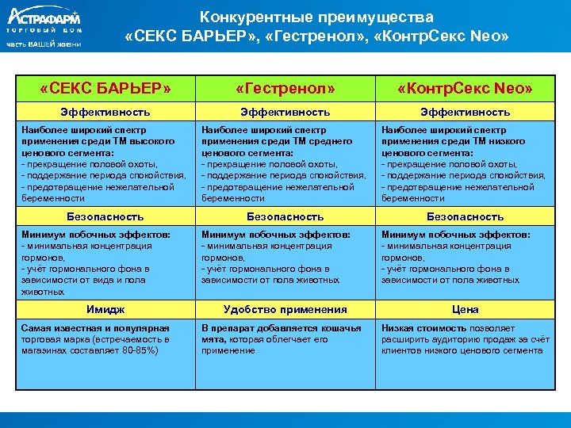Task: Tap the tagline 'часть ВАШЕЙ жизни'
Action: (x=43, y=44)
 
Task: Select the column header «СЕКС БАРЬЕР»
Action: (x=105, y=88)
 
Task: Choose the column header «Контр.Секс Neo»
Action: (x=465, y=88)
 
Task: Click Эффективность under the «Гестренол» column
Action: (x=285, y=113)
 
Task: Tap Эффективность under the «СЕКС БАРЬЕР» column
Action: (x=105, y=113)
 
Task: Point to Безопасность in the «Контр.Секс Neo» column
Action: (x=465, y=216)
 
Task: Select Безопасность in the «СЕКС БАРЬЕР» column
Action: (x=105, y=216)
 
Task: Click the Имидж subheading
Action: (x=105, y=310)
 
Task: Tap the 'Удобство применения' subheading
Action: (x=285, y=310)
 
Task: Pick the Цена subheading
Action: (x=465, y=310)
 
